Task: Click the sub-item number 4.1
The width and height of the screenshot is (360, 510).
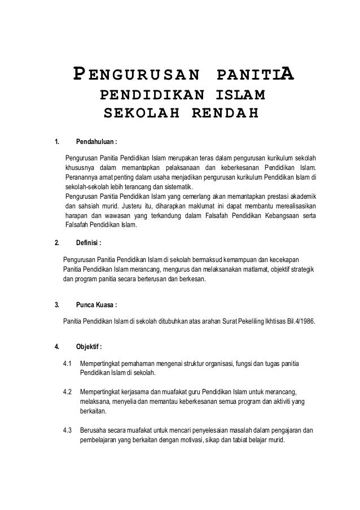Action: (x=68, y=363)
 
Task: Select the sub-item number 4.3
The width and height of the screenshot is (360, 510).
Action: (x=68, y=431)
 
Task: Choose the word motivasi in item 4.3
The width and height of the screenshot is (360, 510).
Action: (x=187, y=441)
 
